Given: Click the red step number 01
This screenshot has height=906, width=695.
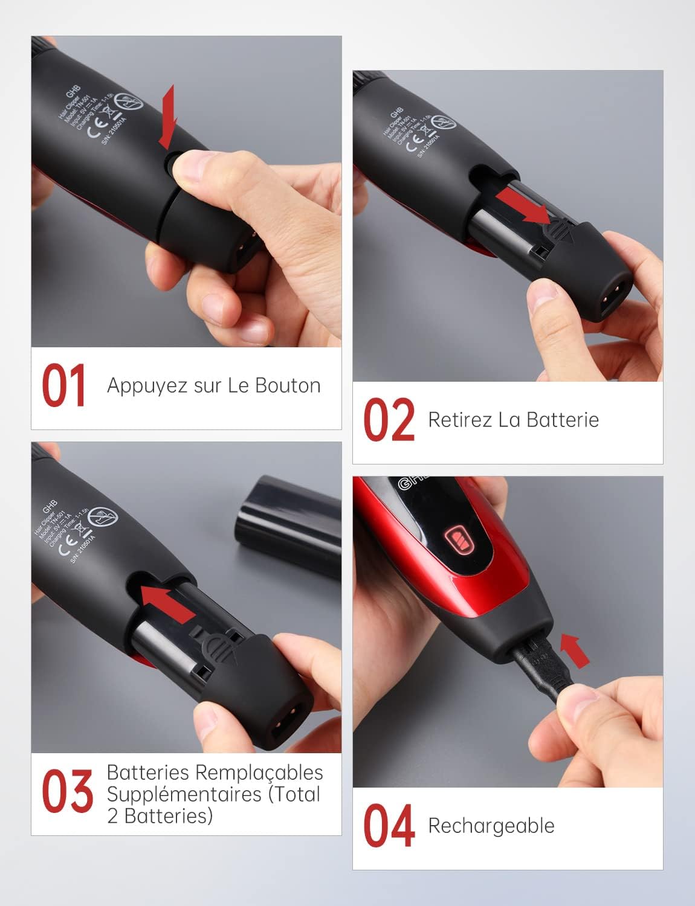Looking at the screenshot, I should coord(63,385).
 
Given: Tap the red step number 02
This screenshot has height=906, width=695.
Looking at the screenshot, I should coord(389,420).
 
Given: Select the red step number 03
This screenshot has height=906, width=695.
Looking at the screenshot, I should coord(67,791).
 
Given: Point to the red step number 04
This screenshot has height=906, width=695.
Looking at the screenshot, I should coord(389,826).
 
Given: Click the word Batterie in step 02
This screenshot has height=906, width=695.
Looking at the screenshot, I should coord(563,420).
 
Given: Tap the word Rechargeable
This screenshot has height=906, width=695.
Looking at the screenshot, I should coord(491,826).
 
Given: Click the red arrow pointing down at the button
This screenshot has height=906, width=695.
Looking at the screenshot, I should coord(167,117).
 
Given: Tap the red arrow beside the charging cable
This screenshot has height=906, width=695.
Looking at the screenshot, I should coord(574,650).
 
